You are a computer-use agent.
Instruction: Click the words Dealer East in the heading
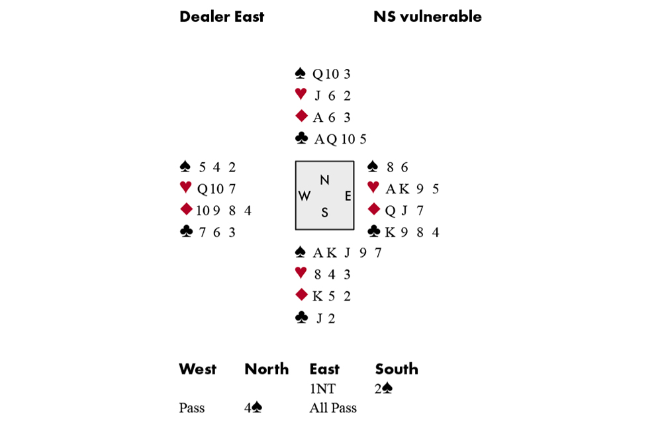click(222, 17)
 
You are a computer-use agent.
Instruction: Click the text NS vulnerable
click(427, 17)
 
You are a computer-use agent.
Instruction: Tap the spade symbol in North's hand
click(300, 73)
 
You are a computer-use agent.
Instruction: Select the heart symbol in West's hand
click(185, 187)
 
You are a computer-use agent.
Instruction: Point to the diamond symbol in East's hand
click(374, 209)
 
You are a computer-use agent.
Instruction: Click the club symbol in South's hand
click(301, 317)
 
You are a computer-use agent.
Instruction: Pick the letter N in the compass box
click(324, 180)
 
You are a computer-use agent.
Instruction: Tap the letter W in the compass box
click(305, 196)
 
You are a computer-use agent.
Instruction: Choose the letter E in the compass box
click(348, 196)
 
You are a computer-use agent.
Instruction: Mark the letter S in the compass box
click(324, 212)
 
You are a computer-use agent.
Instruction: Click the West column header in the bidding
click(197, 369)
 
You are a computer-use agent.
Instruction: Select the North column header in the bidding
click(266, 369)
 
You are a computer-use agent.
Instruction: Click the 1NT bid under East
click(322, 389)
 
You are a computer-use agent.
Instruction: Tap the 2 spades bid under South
click(384, 389)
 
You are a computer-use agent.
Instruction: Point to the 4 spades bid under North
click(253, 408)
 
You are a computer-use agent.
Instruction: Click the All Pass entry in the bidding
click(333, 408)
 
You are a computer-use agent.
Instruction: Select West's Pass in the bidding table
click(192, 408)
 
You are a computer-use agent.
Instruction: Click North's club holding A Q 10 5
click(340, 139)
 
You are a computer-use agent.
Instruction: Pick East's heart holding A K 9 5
click(412, 189)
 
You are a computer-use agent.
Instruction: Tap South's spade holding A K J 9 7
click(347, 253)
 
